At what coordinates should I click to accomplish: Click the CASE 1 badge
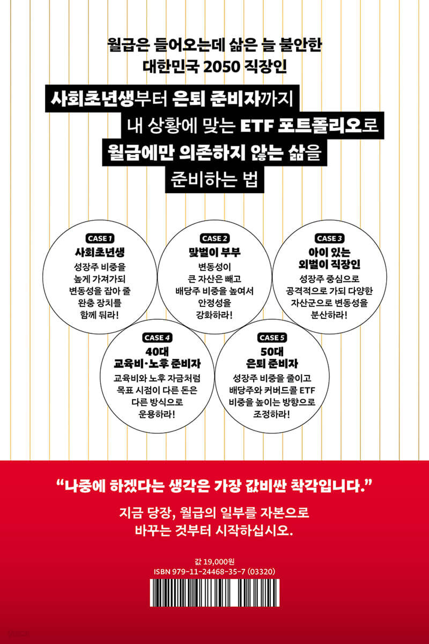coord(100,238)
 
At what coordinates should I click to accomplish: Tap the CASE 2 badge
coord(214,238)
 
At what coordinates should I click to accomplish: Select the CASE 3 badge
coord(329,238)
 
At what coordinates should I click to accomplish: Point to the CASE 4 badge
coord(157,338)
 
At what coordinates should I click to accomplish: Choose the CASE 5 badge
coord(272,338)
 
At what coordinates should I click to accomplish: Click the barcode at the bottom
coord(214,595)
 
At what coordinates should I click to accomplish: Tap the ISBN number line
coord(214,572)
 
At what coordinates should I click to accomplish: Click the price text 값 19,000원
coord(214,561)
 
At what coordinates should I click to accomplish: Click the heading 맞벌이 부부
coord(214,252)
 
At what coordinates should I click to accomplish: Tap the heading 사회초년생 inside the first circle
coord(100,252)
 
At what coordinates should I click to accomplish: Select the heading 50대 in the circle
coord(272,352)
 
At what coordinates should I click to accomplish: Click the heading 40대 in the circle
coord(157,352)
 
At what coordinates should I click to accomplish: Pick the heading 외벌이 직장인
coord(329,264)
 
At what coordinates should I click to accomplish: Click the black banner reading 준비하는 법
coord(214,180)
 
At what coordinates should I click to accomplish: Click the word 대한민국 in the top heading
coord(171,67)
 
